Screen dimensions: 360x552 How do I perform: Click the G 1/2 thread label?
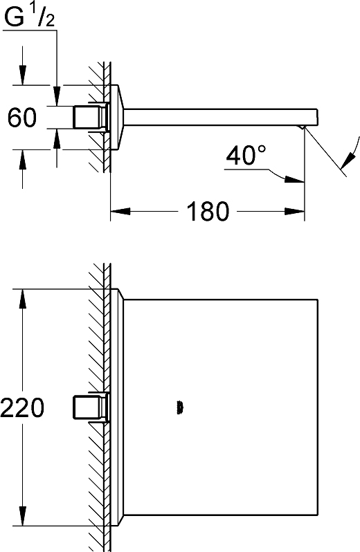[x=30, y=17]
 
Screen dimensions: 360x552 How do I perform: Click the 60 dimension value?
[x=22, y=118]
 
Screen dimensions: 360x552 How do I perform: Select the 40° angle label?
[x=246, y=155]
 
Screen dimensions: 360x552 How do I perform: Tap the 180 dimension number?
[x=208, y=211]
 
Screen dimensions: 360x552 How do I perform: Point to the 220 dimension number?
[x=23, y=407]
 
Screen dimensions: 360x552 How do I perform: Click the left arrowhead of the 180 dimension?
[x=120, y=211]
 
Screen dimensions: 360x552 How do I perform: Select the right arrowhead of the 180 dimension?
[x=294, y=211]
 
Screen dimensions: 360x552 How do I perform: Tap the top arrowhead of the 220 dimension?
[x=23, y=299]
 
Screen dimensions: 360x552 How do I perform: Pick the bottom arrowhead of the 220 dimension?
[x=23, y=517]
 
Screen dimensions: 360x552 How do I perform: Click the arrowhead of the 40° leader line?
[x=294, y=179]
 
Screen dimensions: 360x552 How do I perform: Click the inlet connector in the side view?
[x=91, y=117]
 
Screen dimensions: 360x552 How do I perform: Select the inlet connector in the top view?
[x=91, y=407]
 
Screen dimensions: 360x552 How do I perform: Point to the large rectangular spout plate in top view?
[x=221, y=407]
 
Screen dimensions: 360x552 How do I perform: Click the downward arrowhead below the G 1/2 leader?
[x=56, y=95]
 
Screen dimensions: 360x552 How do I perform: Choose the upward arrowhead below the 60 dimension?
[x=56, y=138]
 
